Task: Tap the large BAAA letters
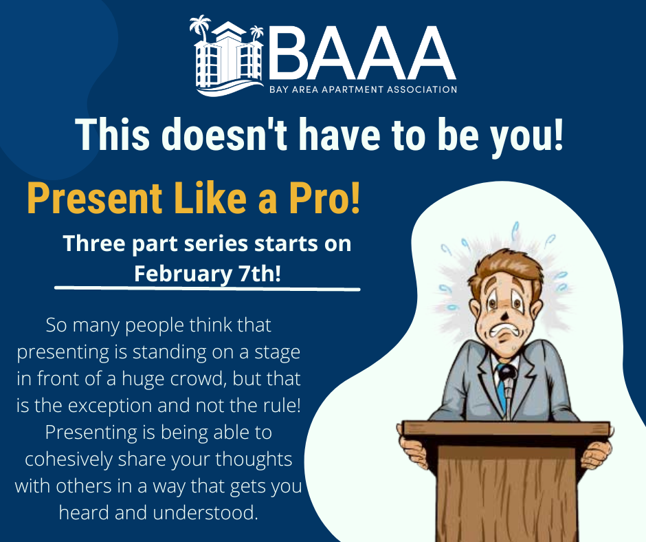point(362,54)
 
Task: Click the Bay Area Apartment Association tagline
point(363,89)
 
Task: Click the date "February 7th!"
point(208,274)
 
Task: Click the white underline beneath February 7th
point(208,288)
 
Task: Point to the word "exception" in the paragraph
point(111,406)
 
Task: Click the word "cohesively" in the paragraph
point(69,459)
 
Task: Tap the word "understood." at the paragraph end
point(205,512)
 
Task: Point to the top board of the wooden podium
point(506,429)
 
